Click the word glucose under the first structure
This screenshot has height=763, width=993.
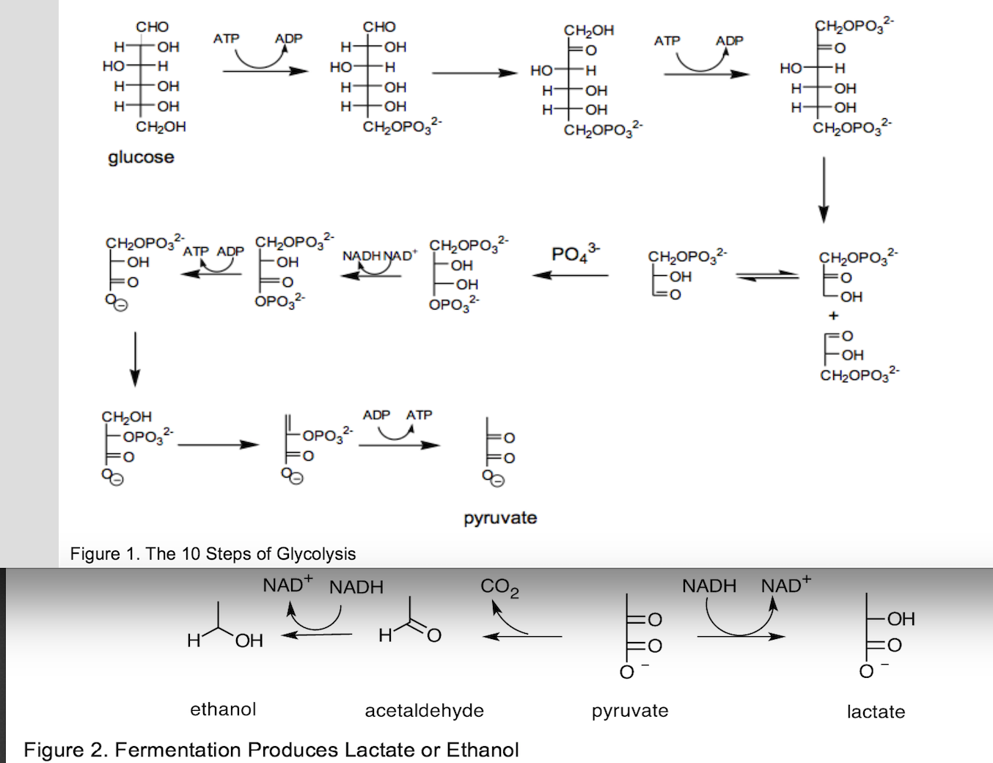coord(141,157)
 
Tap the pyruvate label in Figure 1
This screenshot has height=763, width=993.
coord(500,518)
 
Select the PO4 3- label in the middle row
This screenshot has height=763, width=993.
coord(574,254)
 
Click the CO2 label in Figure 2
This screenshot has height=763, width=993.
coord(499,588)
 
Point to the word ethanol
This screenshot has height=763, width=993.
coord(223,709)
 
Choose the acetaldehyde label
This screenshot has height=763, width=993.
coord(424,711)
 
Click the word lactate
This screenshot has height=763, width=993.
coord(876,712)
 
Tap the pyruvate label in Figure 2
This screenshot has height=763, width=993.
coord(630,711)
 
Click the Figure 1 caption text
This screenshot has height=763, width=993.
coord(213,554)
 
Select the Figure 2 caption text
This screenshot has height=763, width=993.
coord(271,750)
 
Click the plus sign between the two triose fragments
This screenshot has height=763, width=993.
coord(833,316)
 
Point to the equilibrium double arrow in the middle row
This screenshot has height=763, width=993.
coord(767,276)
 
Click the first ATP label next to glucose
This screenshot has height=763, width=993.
coord(226,38)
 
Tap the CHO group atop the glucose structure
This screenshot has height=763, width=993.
coord(152,27)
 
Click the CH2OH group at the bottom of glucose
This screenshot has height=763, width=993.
coord(161,127)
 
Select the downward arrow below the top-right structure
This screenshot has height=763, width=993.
coord(824,189)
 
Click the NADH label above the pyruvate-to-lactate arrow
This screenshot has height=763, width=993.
coord(708,586)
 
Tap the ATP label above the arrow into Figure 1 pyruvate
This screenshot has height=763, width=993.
coord(419,415)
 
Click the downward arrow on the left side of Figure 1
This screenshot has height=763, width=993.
coord(135,359)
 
